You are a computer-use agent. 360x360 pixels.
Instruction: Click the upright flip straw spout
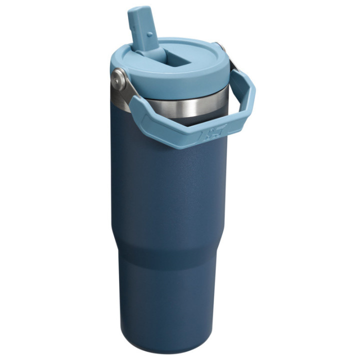point(140,27)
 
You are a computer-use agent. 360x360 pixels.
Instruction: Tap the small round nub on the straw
point(150,35)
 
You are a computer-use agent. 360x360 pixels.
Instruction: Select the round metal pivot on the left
point(118,77)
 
